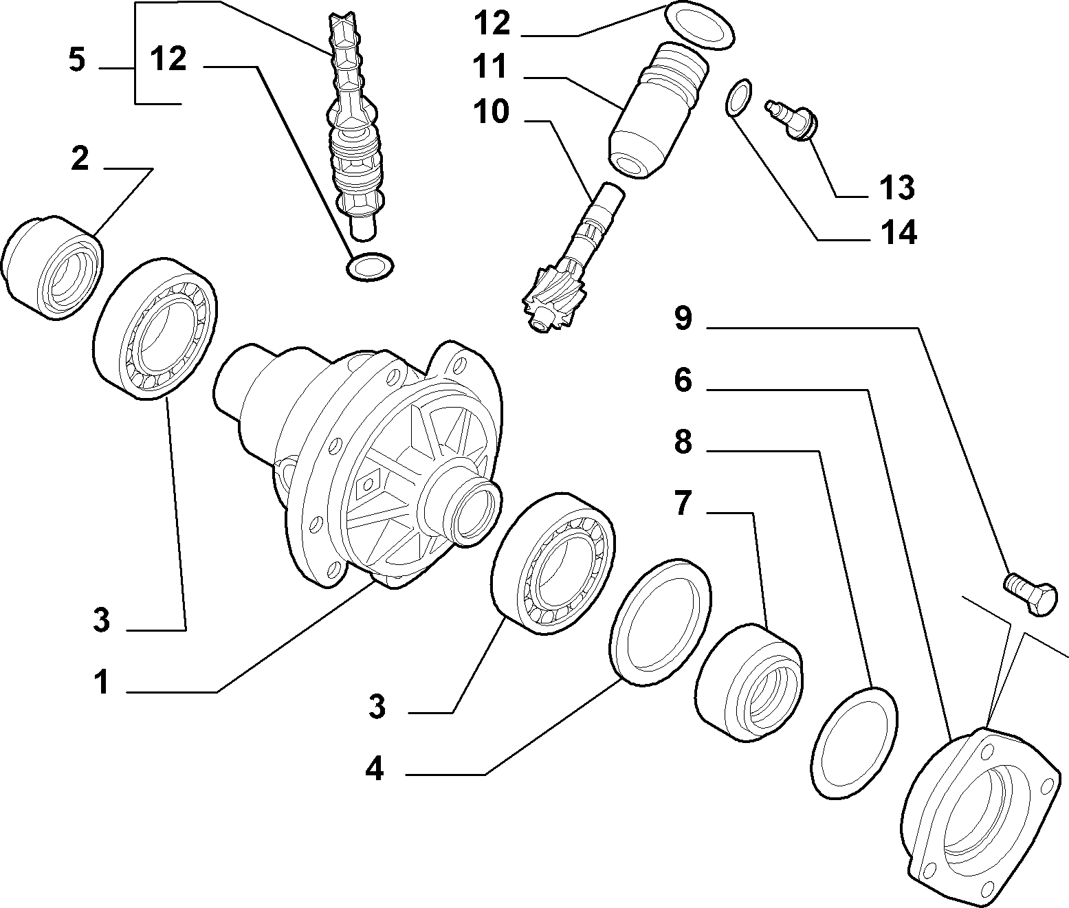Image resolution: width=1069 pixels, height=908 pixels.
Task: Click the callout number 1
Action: click(x=102, y=681)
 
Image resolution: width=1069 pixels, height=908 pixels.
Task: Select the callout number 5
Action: click(x=76, y=60)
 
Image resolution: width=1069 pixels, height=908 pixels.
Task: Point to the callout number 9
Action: click(x=683, y=318)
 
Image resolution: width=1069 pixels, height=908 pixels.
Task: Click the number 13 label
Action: click(x=897, y=188)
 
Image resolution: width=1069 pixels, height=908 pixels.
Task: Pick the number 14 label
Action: click(x=899, y=232)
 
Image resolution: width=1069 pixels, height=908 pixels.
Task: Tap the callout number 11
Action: click(x=489, y=67)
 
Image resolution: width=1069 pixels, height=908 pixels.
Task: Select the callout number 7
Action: click(x=683, y=503)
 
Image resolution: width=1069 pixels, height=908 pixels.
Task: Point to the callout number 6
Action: click(x=683, y=380)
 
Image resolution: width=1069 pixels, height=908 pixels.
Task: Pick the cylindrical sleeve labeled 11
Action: click(x=658, y=109)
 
